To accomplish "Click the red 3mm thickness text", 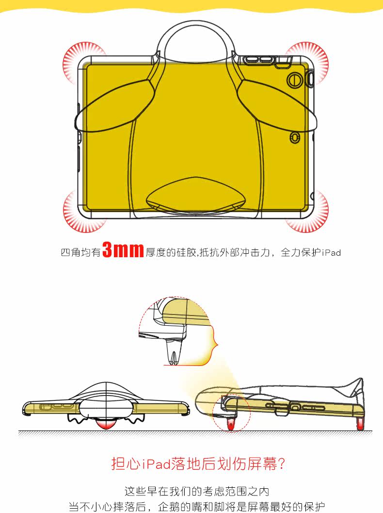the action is tap(123, 250).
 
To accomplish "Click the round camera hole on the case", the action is tap(293, 80).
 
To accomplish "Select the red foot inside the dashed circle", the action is tap(231, 425).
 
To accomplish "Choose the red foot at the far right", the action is tap(360, 424).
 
